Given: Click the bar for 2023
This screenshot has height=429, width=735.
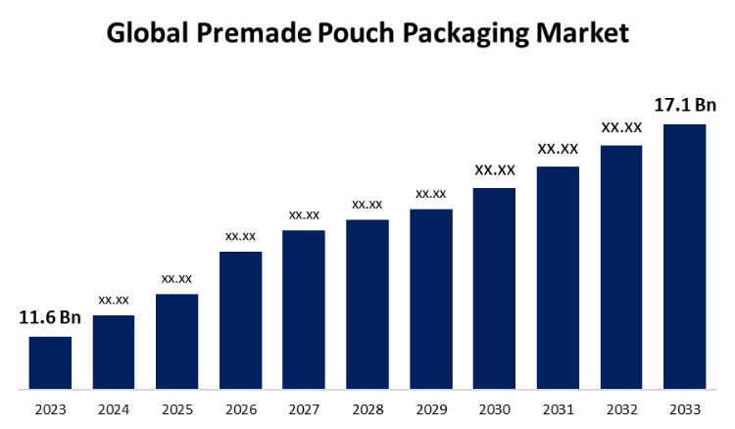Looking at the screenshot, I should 50,363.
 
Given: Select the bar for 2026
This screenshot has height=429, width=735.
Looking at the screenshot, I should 240,321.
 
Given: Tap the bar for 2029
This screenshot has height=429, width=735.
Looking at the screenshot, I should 431,300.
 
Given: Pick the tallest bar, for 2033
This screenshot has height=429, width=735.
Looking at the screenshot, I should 685,257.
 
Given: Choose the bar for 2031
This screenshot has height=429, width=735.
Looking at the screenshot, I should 558,278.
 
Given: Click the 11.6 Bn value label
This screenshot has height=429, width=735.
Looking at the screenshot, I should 50,317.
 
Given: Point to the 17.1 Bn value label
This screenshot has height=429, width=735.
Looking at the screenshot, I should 685,104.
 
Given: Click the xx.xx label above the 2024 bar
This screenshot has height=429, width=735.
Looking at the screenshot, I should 114,299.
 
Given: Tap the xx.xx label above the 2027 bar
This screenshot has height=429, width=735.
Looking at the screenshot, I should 304,214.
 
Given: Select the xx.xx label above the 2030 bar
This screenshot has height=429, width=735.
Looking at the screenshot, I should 495,170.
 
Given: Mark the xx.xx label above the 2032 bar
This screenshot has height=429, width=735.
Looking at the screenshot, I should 621,127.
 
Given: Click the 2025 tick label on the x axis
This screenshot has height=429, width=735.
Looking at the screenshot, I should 176,408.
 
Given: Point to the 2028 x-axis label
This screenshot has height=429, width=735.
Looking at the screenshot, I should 367,408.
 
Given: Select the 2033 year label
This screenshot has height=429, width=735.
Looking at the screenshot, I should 685,408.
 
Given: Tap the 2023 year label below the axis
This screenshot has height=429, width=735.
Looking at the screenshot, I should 50,408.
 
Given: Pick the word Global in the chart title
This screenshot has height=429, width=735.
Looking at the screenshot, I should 148,33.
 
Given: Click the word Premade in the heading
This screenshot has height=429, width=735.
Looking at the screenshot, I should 249,33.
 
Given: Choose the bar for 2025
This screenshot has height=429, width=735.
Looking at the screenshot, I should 176,342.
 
